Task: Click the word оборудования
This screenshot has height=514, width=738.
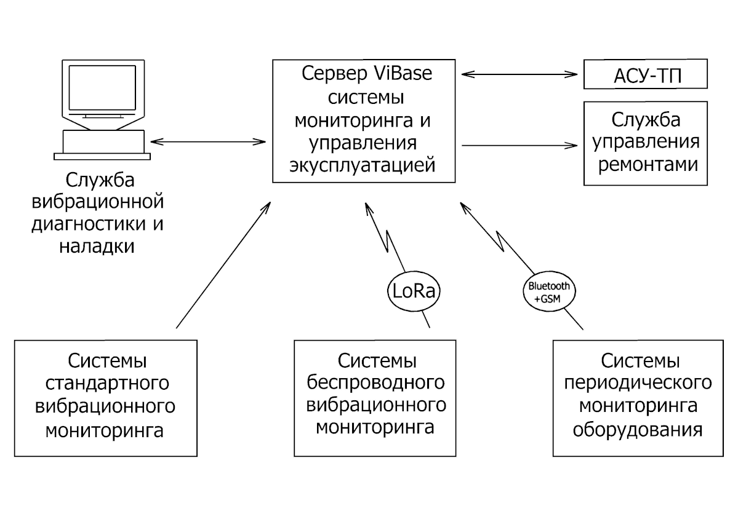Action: click(x=638, y=429)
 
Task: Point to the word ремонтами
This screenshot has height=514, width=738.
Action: click(x=645, y=165)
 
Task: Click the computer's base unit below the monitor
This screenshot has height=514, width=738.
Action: click(x=101, y=141)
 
